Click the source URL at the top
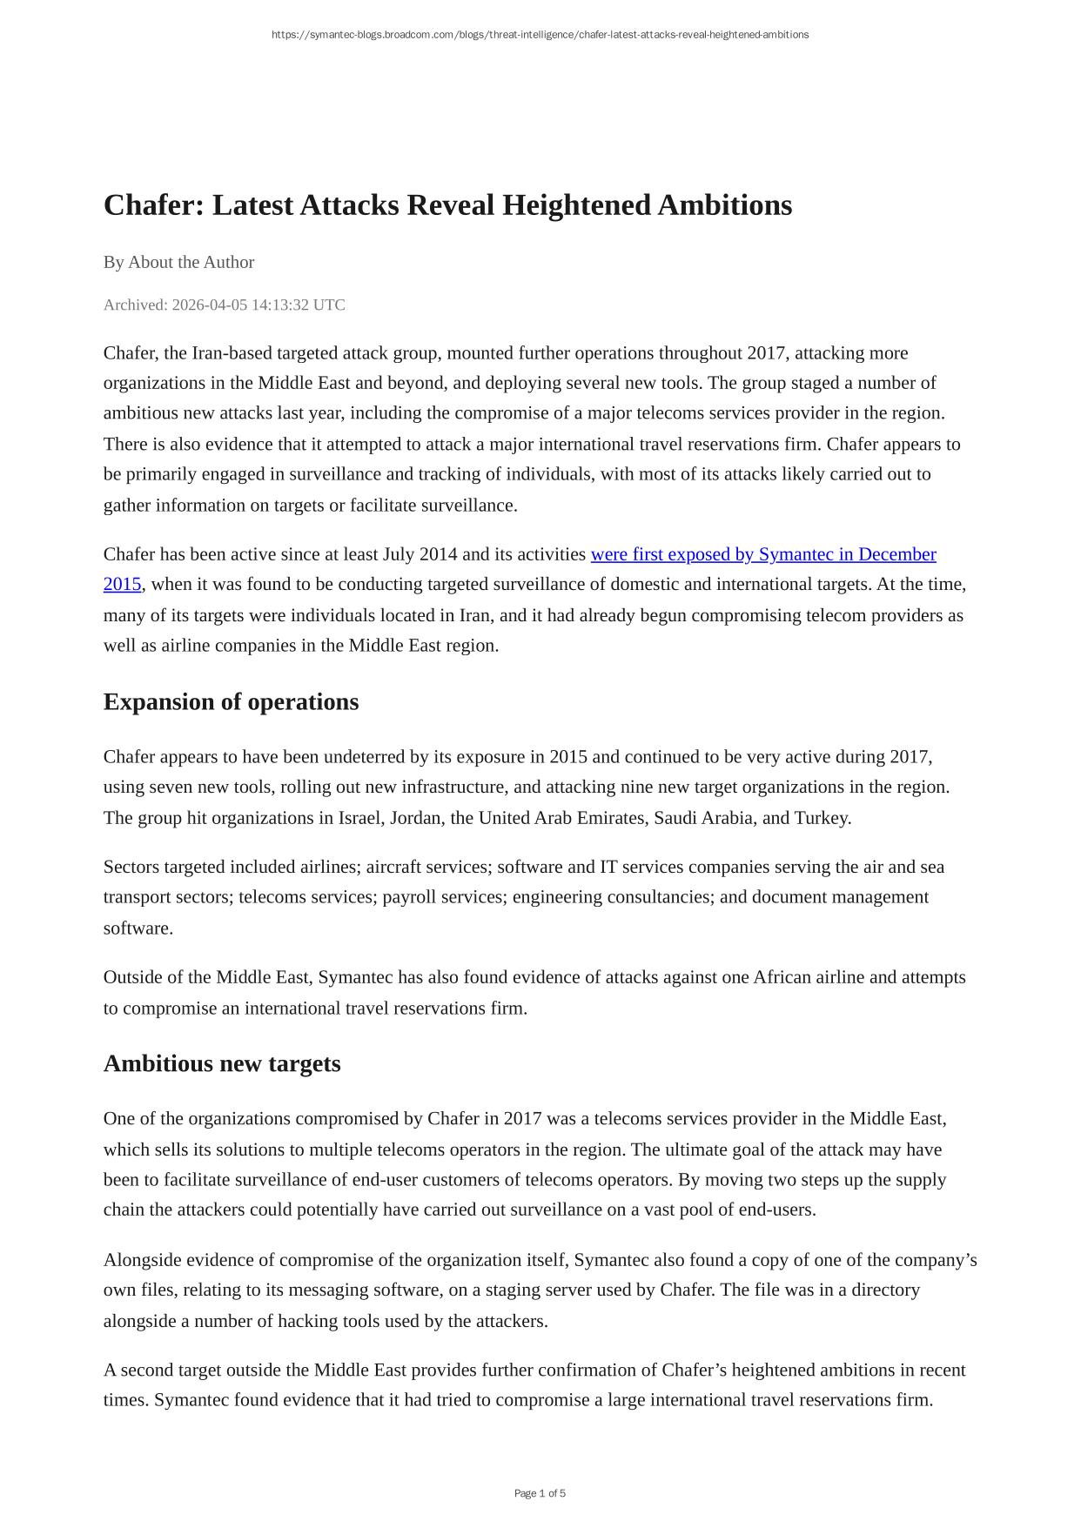[x=540, y=35]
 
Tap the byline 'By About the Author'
[x=178, y=262]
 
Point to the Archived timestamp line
[x=224, y=305]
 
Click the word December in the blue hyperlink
[x=896, y=554]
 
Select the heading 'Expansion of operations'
[x=231, y=701]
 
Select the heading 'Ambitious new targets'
[x=222, y=1063]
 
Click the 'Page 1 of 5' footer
[x=540, y=1493]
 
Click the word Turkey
[x=821, y=818]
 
